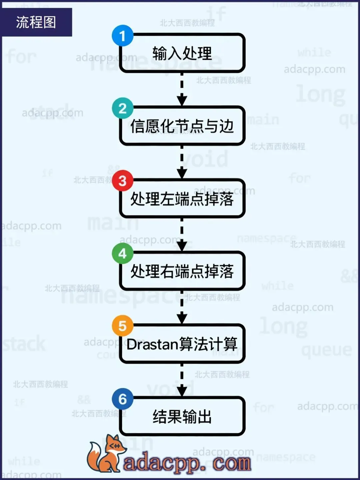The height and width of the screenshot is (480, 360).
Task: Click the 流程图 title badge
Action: tap(36, 22)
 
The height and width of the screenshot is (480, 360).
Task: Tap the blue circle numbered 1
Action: tap(122, 36)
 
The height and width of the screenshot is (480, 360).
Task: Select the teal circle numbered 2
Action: tap(122, 108)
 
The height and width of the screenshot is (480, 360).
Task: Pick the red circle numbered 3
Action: tap(122, 181)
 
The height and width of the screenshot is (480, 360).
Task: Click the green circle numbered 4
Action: tap(122, 254)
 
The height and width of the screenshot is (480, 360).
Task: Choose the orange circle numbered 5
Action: tap(122, 326)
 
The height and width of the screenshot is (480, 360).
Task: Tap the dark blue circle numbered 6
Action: tap(122, 399)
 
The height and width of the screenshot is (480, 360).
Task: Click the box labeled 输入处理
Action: tap(182, 53)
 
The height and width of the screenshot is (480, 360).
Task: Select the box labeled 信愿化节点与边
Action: tap(182, 126)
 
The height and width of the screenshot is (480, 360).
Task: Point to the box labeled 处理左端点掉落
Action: tap(182, 199)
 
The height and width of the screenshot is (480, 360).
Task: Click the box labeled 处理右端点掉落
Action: tap(182, 271)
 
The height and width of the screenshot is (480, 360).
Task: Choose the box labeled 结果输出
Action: tap(182, 417)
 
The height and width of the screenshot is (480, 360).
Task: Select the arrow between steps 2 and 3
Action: tap(182, 162)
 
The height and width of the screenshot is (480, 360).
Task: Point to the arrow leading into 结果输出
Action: tap(182, 380)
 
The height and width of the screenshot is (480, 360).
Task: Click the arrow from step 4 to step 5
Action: tap(182, 307)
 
